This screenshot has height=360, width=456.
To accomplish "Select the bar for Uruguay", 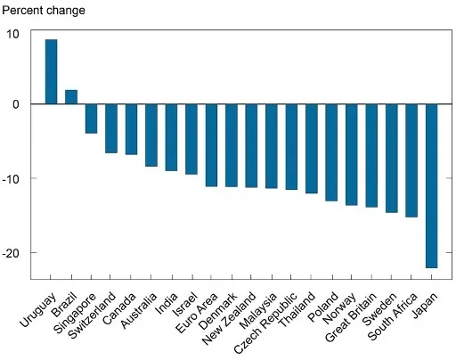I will point(51,71).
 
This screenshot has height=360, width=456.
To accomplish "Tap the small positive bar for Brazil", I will point(71,96).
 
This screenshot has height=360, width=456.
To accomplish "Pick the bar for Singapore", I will point(91,119).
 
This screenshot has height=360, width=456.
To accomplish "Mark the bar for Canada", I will point(131,129).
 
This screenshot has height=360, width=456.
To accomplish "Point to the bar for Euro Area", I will point(211,145).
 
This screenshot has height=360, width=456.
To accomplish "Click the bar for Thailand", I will point(312,149).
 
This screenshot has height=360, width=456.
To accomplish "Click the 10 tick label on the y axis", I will point(12,34).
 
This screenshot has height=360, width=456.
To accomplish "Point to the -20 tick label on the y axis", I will point(11,254).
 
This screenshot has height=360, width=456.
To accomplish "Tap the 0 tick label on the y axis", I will point(15,104).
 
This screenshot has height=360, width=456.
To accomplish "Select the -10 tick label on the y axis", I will point(11,179).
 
